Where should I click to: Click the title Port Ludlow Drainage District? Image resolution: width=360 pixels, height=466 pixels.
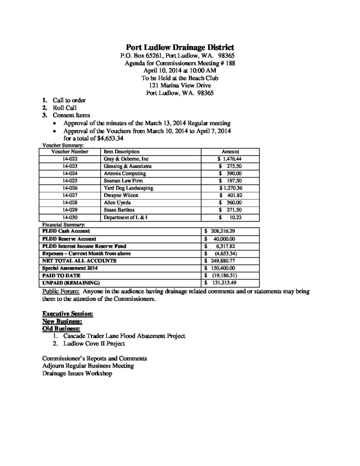pos(180,47)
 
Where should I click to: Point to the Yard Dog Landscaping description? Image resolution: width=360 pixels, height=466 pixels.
pos(128,188)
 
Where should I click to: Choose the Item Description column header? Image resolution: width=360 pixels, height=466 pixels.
pos(122,152)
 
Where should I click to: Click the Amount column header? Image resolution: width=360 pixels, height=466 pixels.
pos(230,152)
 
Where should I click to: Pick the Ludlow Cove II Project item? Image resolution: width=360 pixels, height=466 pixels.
pos(94,344)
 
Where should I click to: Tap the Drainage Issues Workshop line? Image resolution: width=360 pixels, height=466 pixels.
pos(77,373)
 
